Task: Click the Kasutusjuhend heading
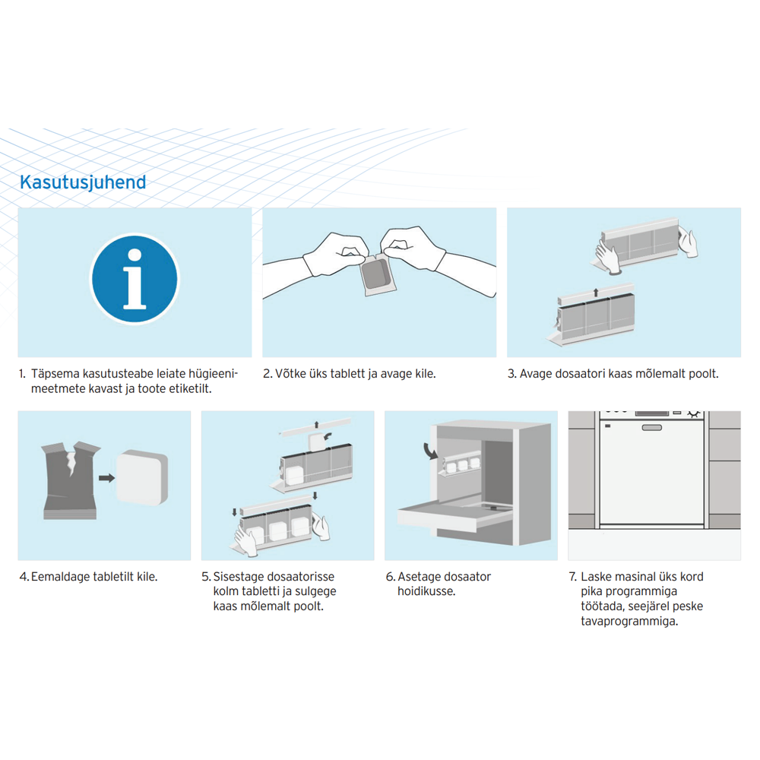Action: [x=83, y=182]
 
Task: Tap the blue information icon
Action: [x=135, y=279]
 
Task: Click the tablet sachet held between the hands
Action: [x=378, y=274]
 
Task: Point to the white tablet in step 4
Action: [x=143, y=477]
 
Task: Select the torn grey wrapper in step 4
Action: [x=71, y=480]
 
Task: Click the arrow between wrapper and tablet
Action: [x=106, y=478]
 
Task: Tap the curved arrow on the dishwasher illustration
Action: [x=429, y=450]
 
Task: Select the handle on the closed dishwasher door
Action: [x=651, y=427]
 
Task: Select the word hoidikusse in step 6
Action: [x=426, y=591]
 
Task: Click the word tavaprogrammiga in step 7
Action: [x=629, y=622]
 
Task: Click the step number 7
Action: [x=573, y=577]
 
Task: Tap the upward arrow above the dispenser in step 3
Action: [x=596, y=293]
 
